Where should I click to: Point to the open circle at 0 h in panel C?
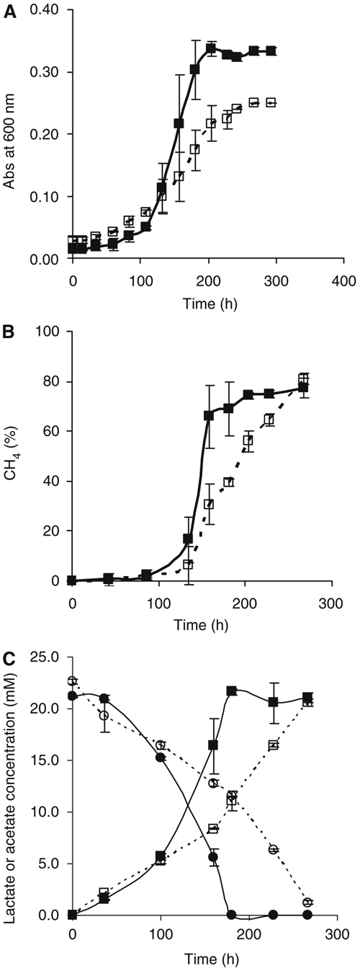72,680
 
